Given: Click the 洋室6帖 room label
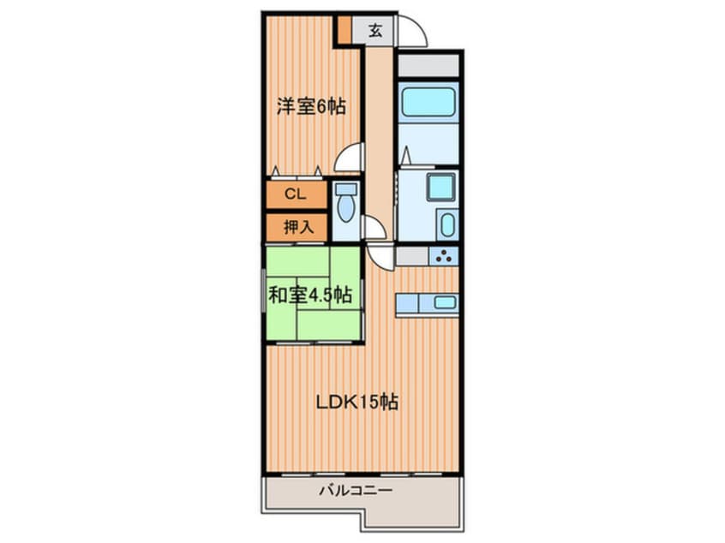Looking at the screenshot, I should click(x=310, y=108).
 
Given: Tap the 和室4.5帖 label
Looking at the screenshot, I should click(x=309, y=295).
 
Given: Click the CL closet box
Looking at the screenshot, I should click(x=296, y=195).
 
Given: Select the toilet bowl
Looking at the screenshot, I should click(x=346, y=205).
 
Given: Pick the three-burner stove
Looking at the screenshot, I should click(x=443, y=254).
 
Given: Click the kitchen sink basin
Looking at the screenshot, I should click(x=445, y=301).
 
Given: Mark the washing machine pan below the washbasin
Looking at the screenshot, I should click(x=446, y=226).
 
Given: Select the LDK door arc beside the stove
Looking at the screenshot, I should click(x=380, y=254).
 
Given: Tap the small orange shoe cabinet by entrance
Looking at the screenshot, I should click(x=344, y=31).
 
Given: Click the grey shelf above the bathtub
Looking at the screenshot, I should click(x=428, y=66).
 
